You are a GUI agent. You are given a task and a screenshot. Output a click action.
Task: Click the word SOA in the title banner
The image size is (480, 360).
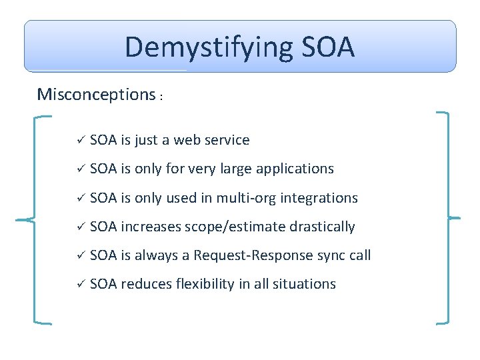pos(328,47)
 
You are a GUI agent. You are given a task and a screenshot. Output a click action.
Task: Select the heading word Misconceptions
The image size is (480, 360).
pos(96,94)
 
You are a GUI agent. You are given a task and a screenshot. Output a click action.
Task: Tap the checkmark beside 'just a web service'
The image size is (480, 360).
pos(78,140)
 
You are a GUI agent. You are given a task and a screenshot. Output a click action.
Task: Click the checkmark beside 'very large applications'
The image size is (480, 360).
pos(78,169)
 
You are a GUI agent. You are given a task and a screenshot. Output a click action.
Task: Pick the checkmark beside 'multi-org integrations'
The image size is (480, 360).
pos(78,198)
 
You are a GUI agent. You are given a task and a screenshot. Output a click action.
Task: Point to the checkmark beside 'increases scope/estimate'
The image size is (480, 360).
pos(78,227)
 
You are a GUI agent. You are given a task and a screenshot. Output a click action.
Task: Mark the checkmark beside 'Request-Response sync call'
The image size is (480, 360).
pos(78,255)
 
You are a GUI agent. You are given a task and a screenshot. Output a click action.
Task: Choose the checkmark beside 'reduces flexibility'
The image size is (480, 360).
pos(78,284)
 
